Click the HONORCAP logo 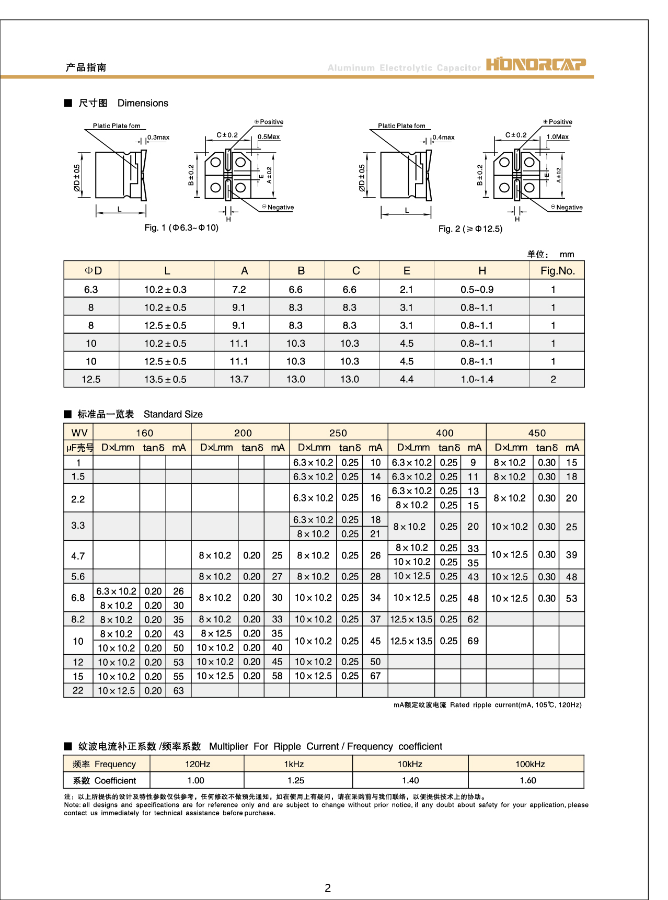[536, 64]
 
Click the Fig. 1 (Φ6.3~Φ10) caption [181, 227]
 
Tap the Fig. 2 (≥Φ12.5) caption [470, 229]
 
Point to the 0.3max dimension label [158, 138]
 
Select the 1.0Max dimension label [558, 137]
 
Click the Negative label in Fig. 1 [280, 207]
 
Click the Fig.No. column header [557, 270]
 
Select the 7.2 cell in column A [239, 289]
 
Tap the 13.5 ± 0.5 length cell [165, 379]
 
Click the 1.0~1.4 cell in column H [477, 379]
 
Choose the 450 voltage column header [537, 433]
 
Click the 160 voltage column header [144, 433]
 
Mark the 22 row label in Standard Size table [78, 690]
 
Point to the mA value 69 [473, 641]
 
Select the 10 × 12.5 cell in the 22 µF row [116, 690]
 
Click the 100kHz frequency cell [530, 764]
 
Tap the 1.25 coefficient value [296, 780]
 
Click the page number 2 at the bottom [328, 888]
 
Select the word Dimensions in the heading [143, 103]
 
